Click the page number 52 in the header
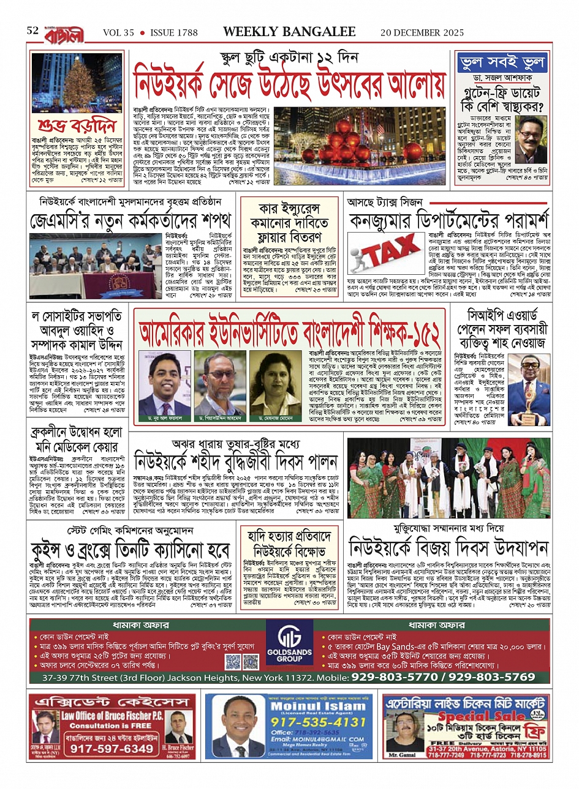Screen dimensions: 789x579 click(32, 31)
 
